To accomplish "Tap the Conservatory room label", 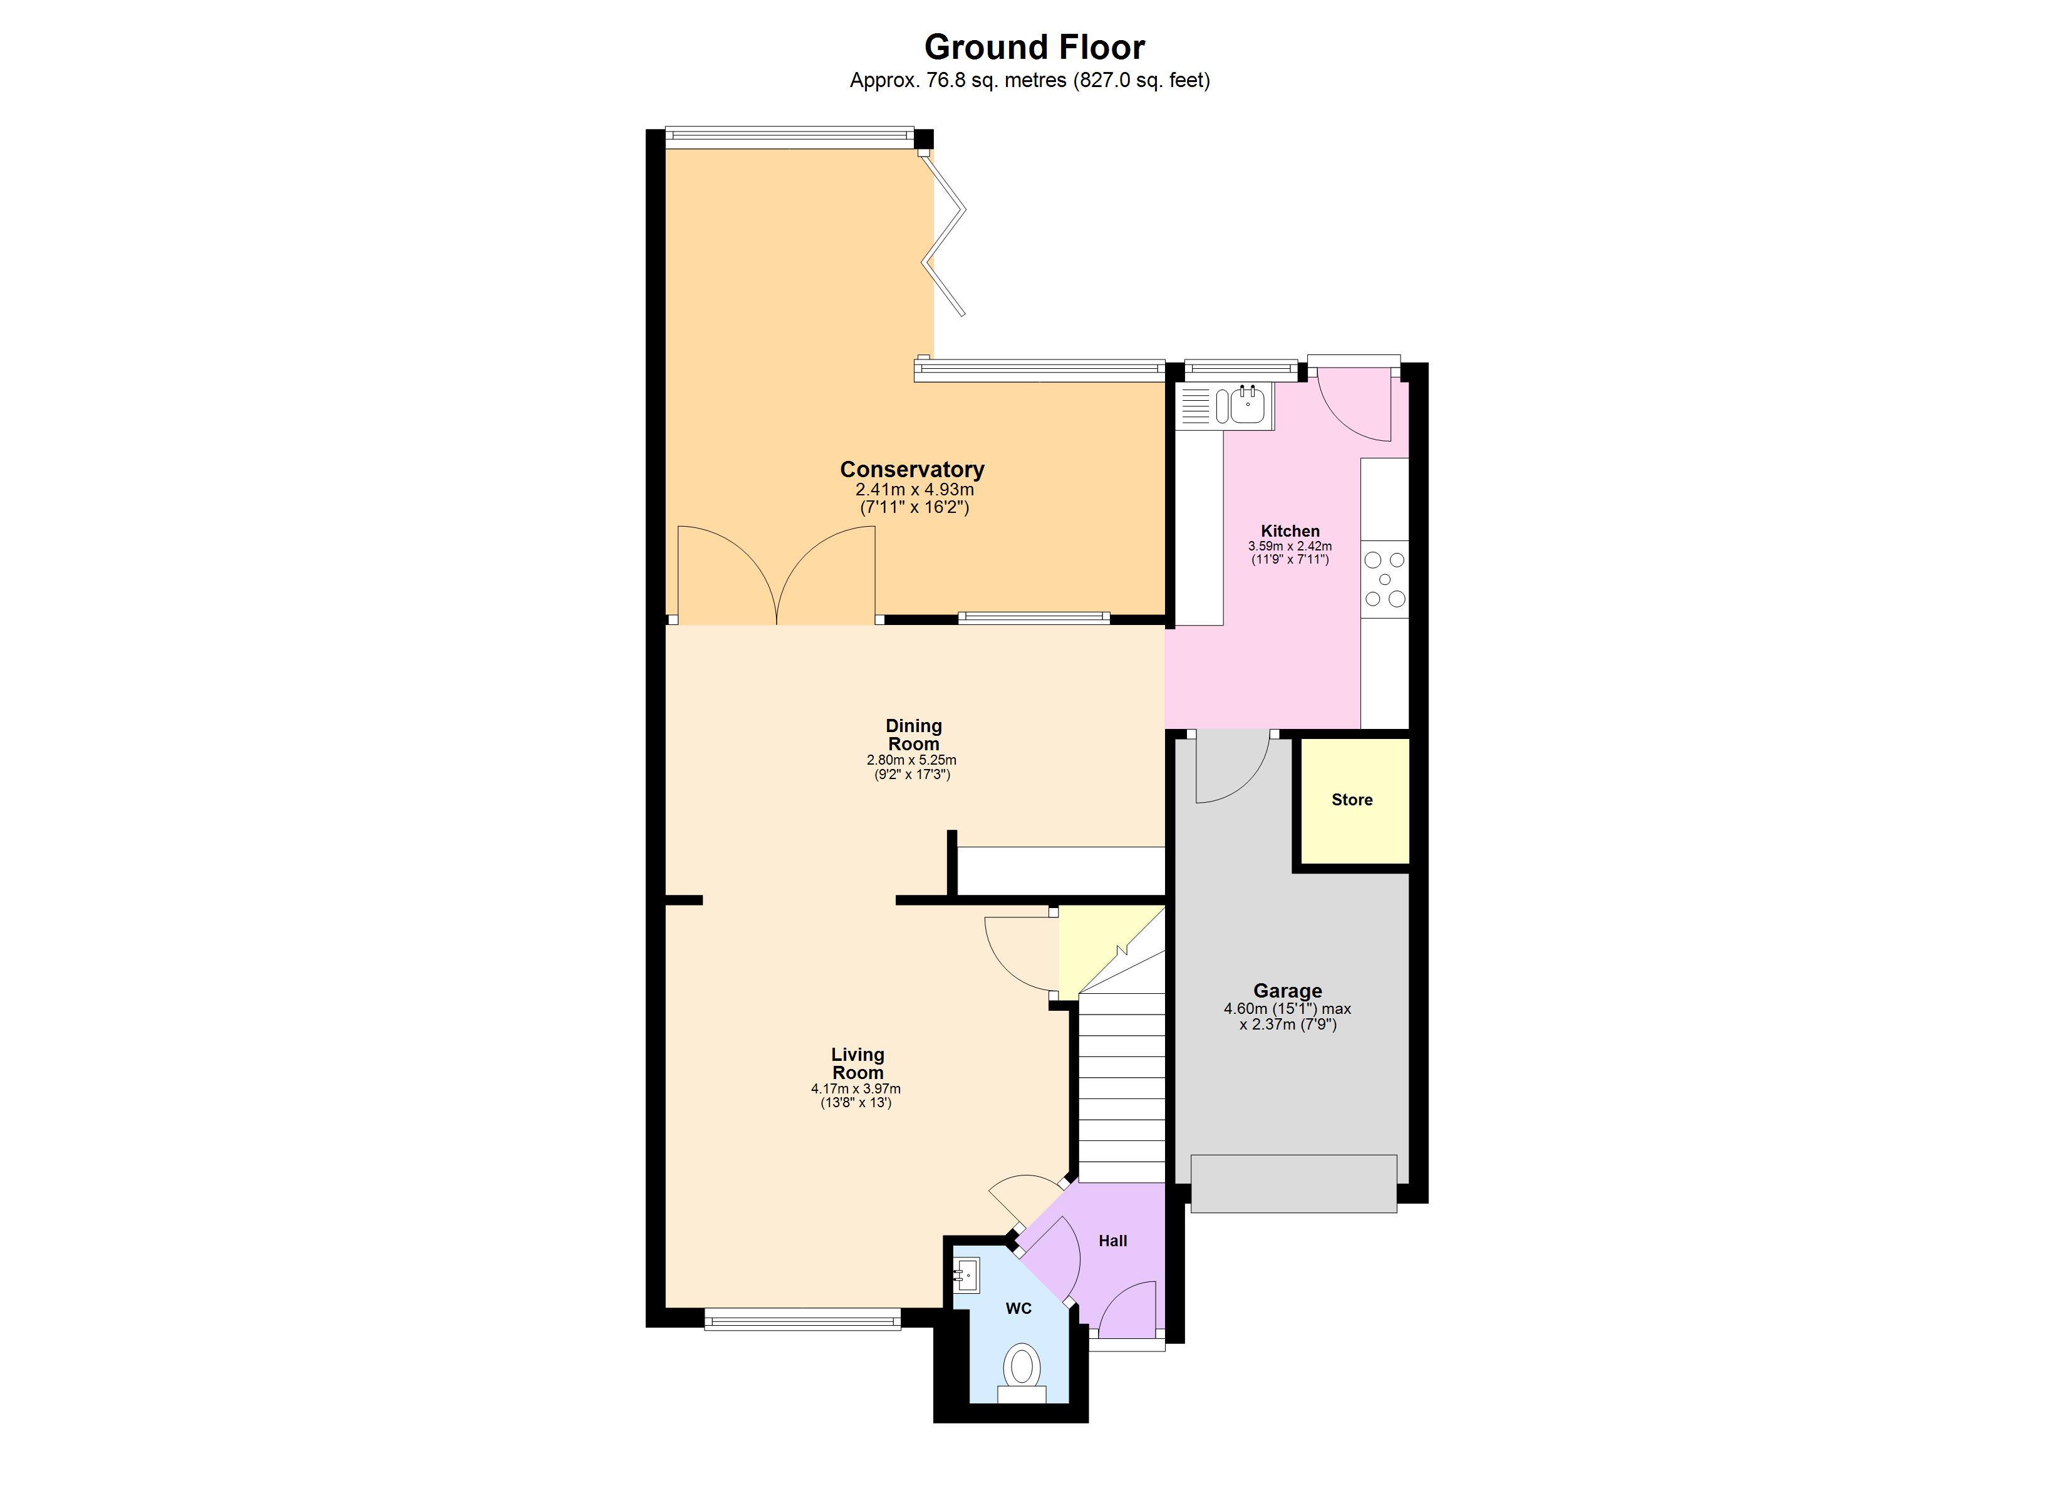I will coord(911,470).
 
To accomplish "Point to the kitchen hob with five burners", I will coord(1384,579).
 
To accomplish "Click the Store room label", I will coord(1352,799).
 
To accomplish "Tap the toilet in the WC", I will coord(1022,1366).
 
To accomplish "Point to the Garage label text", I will coord(1287,991).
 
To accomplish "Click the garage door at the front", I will coord(1293,1183).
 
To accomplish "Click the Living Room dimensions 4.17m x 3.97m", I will coord(856,1088).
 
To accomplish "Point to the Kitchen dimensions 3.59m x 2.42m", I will coord(1290,546).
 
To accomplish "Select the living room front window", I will coord(802,1319).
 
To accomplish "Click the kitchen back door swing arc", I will coord(1354,406).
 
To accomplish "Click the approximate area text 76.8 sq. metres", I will coord(1030,80).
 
